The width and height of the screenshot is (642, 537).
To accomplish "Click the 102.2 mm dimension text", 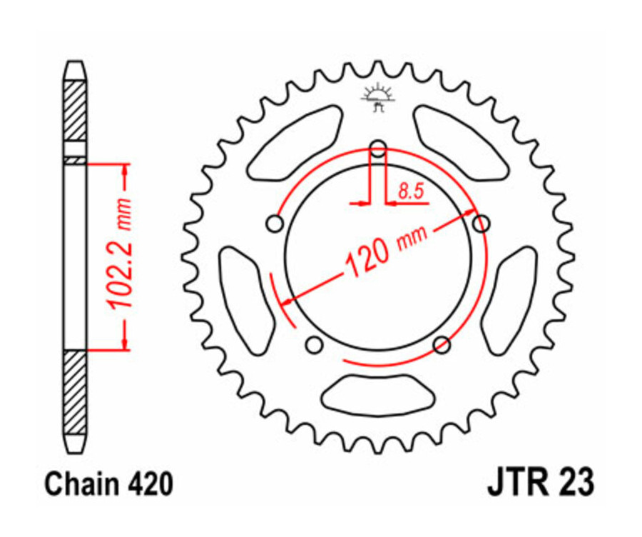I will [119, 256].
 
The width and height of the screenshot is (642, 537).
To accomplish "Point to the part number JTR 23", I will [539, 483].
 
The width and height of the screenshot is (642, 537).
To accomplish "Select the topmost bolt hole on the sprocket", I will [378, 149].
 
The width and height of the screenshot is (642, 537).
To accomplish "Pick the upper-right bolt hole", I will [482, 224].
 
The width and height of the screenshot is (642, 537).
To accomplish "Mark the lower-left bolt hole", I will [312, 346].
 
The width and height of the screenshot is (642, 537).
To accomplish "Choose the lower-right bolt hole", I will [442, 346].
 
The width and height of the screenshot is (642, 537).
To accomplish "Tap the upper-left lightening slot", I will [295, 144].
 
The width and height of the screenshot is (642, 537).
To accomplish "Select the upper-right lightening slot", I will [460, 143].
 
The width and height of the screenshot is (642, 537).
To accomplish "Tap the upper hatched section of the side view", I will [75, 111].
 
